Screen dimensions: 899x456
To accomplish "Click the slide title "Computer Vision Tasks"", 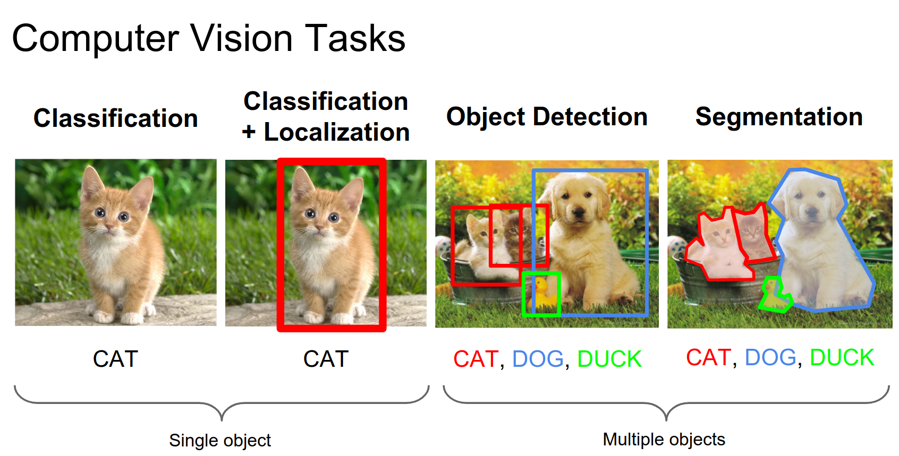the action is (x=209, y=39).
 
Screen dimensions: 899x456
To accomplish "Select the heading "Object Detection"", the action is (x=547, y=117).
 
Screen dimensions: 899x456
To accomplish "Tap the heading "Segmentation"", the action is (x=779, y=117).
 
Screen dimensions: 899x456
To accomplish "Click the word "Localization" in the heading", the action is (x=336, y=132).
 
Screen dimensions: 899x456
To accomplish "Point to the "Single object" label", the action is (x=220, y=441).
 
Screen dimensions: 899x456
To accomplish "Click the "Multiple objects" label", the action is (x=664, y=440).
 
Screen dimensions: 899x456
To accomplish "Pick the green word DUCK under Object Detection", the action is (x=609, y=359).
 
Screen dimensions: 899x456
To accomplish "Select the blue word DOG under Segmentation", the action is (x=770, y=357).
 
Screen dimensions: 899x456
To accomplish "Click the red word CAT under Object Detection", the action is (x=476, y=359).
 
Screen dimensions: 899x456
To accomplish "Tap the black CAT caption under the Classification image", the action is (x=116, y=359).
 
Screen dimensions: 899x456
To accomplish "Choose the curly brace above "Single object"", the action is (x=222, y=403).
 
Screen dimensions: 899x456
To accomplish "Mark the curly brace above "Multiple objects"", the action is (x=666, y=403).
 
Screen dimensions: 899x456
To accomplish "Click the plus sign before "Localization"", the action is (x=249, y=132).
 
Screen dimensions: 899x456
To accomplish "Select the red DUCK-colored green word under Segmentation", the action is (x=842, y=357).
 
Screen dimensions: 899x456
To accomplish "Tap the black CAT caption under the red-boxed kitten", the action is (x=326, y=359).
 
